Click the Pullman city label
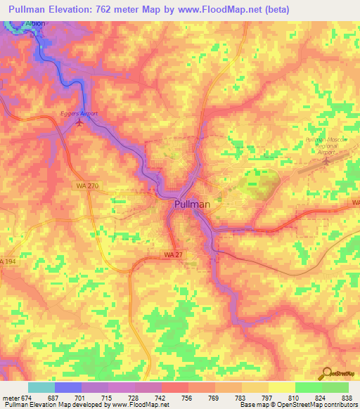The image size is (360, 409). [x=192, y=204]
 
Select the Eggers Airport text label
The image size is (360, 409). [x=79, y=113]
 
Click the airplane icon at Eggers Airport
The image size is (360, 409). [x=79, y=123]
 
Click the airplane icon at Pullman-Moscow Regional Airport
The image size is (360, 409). [x=326, y=160]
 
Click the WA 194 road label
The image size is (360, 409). [x=7, y=261]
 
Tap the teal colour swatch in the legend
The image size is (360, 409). [x=41, y=387]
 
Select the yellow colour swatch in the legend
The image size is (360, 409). [x=281, y=387]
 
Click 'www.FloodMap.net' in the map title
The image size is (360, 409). [x=217, y=8]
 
